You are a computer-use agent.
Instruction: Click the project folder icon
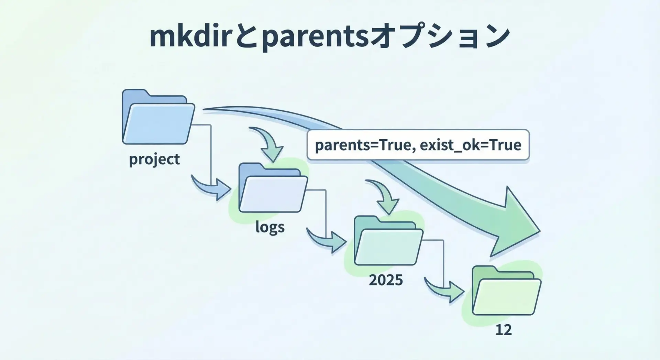(x=158, y=117)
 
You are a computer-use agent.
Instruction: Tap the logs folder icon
(x=273, y=188)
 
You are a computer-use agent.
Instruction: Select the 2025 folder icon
(x=388, y=241)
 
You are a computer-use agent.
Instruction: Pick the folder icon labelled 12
(x=506, y=291)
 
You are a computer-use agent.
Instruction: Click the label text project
(x=154, y=160)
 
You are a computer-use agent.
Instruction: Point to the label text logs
(x=270, y=227)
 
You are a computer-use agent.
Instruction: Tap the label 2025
(x=386, y=280)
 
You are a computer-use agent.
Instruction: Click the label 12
(x=504, y=330)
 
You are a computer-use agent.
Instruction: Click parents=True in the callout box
(x=363, y=145)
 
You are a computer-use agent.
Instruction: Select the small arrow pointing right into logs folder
(x=211, y=188)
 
